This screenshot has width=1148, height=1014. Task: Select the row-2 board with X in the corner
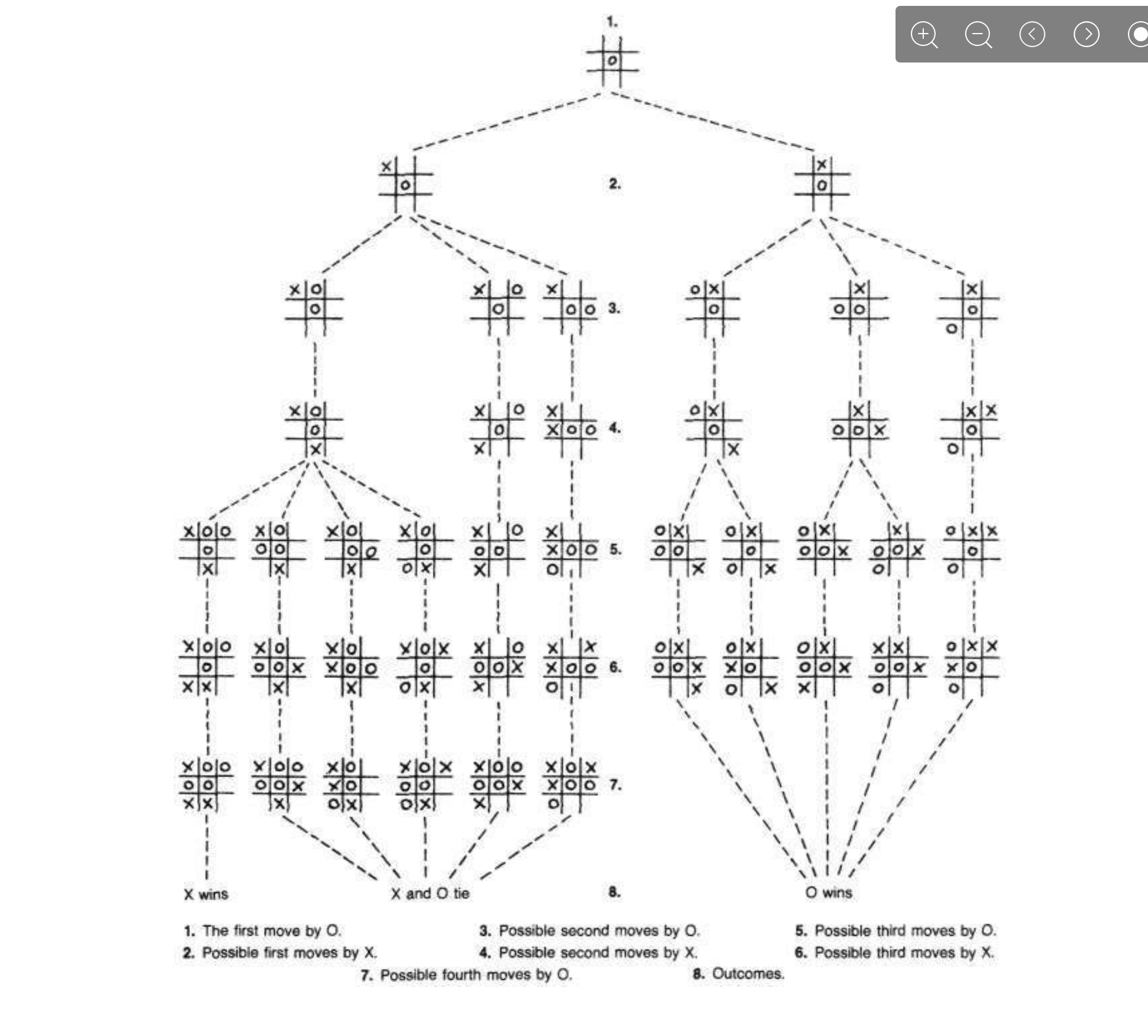pyautogui.click(x=405, y=183)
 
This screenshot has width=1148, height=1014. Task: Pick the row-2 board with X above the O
pyautogui.click(x=821, y=183)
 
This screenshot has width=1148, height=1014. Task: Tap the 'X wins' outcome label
pyautogui.click(x=206, y=894)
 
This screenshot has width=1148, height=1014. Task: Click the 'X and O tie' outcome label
pyautogui.click(x=430, y=893)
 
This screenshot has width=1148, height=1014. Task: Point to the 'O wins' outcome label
pyautogui.click(x=829, y=893)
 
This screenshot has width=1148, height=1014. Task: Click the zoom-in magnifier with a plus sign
pyautogui.click(x=924, y=35)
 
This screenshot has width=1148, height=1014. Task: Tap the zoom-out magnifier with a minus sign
pyautogui.click(x=978, y=35)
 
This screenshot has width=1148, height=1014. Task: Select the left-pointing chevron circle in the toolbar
pyautogui.click(x=1032, y=35)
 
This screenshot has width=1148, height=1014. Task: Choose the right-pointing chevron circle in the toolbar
pyautogui.click(x=1086, y=35)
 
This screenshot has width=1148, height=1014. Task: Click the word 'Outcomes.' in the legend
pyautogui.click(x=748, y=973)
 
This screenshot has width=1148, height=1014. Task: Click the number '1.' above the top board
pyautogui.click(x=612, y=22)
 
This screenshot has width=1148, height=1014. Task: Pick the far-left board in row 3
pyautogui.click(x=314, y=308)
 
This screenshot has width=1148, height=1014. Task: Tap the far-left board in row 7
pyautogui.click(x=206, y=785)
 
